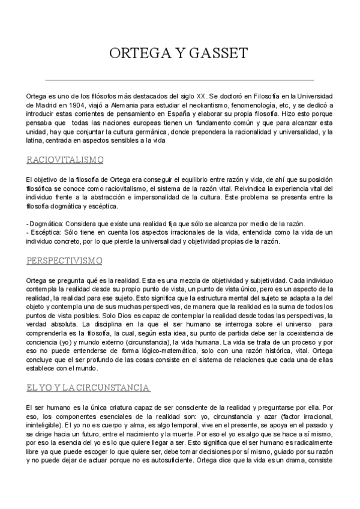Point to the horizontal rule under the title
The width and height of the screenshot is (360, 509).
[179, 79]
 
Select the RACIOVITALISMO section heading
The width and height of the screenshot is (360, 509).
[65, 160]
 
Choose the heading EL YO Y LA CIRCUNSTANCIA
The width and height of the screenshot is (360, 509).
[88, 388]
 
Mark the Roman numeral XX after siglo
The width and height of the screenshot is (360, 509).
[201, 95]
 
